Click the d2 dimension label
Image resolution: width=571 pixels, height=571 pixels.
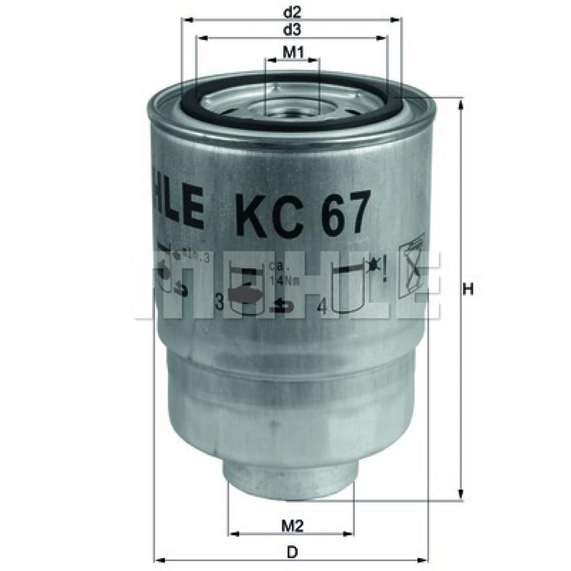click(x=292, y=11)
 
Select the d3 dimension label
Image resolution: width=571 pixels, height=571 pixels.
click(x=292, y=29)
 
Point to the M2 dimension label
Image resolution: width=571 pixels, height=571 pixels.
click(x=291, y=525)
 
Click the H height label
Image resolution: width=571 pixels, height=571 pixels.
click(x=469, y=290)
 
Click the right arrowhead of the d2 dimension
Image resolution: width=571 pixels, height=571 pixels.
click(x=398, y=20)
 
